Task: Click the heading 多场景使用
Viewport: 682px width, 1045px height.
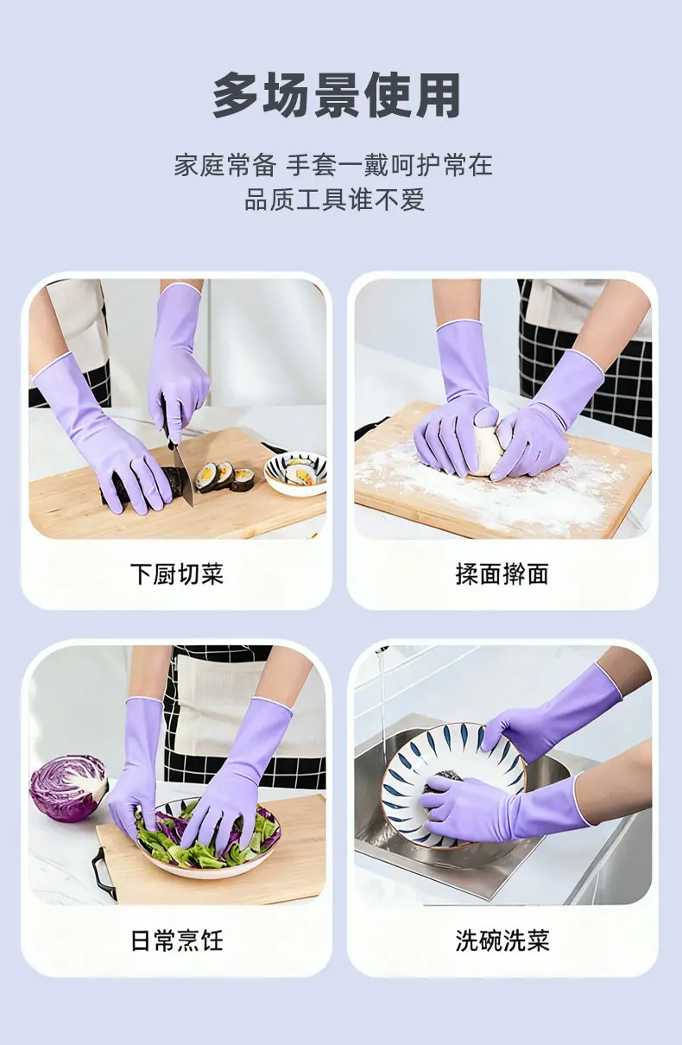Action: (x=337, y=96)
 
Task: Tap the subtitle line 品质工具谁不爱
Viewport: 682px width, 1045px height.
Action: (x=335, y=199)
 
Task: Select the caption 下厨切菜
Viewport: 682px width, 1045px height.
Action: (x=177, y=574)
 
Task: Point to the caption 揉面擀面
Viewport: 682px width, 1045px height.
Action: (x=502, y=574)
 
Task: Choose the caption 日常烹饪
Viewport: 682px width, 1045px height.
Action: (x=177, y=940)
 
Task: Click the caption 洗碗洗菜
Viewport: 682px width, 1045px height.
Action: (x=502, y=940)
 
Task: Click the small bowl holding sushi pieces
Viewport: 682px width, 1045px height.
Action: (x=296, y=473)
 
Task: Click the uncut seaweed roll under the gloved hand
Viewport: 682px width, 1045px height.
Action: (x=140, y=485)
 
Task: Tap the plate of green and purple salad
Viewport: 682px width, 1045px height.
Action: (x=209, y=839)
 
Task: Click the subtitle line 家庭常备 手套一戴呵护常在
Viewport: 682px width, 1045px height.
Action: (x=333, y=165)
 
